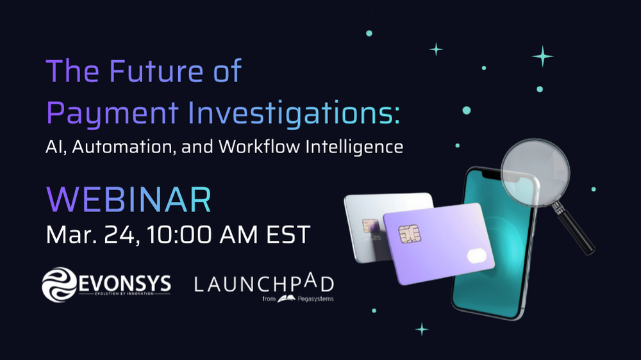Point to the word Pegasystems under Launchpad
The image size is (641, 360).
point(316,298)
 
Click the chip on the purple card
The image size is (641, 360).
point(408,234)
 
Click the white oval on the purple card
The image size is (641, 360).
point(478,256)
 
